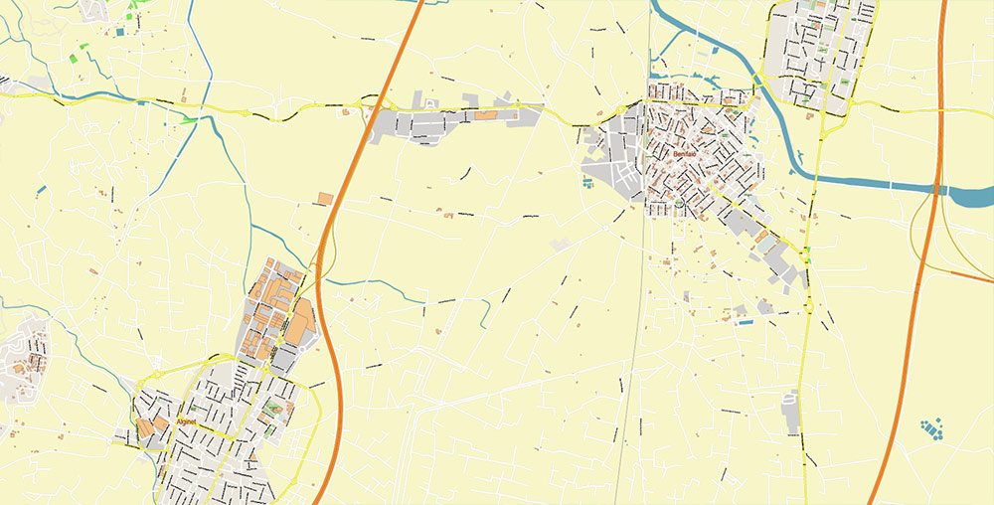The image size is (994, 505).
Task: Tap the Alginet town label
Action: point(187,421)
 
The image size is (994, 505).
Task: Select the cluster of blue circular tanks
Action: point(931,429)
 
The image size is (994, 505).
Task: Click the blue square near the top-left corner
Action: point(120,33)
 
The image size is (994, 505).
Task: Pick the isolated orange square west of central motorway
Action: point(325,198)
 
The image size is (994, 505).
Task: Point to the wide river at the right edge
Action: point(969,195)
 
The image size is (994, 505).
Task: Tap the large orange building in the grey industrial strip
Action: point(488,116)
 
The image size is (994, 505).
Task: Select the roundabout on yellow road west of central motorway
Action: point(245,112)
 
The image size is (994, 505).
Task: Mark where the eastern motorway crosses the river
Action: point(935,186)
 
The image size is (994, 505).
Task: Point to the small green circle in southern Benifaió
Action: point(678,205)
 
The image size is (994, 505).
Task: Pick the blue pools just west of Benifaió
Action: point(587,184)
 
